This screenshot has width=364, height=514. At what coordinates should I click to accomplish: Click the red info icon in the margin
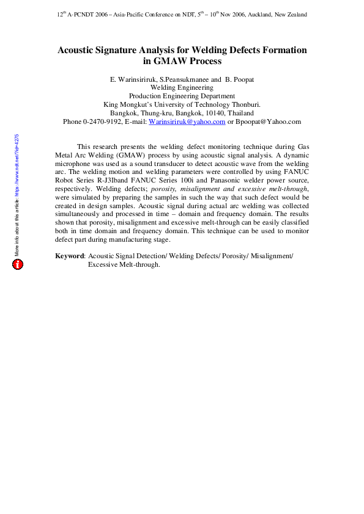pos(18,264)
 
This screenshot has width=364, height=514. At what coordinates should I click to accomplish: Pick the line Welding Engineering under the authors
pos(182,88)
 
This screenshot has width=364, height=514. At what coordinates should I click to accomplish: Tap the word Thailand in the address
pos(240,113)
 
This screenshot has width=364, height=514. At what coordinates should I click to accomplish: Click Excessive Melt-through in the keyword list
pos(124,265)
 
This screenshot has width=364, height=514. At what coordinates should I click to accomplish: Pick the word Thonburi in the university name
pos(244,104)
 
